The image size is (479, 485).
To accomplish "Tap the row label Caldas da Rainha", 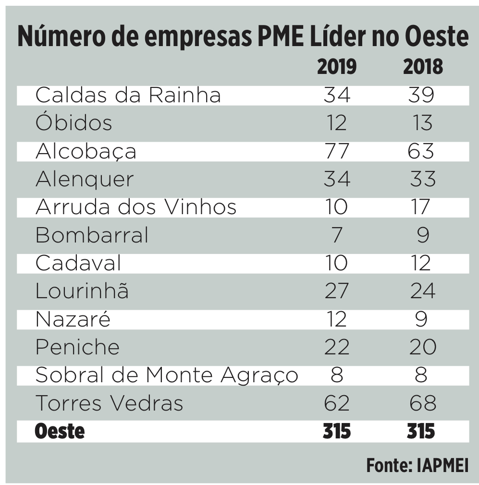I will [x=128, y=95].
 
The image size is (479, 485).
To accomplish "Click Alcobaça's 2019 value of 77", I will [x=336, y=151].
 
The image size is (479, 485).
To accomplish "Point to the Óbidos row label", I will [x=74, y=123].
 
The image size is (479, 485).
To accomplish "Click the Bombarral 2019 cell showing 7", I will [x=336, y=235].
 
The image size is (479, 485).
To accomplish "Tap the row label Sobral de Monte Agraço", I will [x=166, y=375].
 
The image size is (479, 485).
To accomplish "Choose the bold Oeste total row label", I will [x=60, y=431].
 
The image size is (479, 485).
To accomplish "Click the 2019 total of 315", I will [x=336, y=431].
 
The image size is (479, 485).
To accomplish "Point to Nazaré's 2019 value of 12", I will [x=336, y=319].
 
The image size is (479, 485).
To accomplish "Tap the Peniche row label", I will [x=77, y=347].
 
